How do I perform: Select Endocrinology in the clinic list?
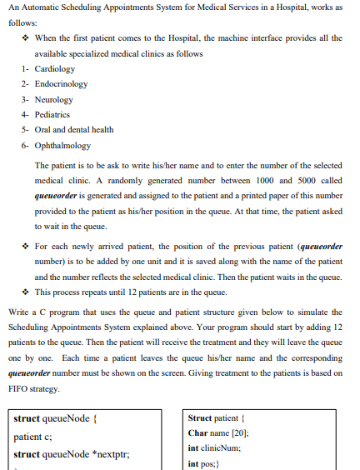tap(61, 84)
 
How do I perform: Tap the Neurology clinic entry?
tap(54, 99)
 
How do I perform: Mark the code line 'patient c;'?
tap(33, 436)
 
